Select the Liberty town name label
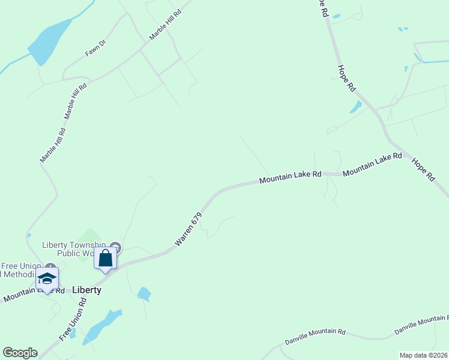[x=86, y=290]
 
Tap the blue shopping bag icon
[x=106, y=259]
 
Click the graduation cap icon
[x=47, y=279]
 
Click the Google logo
[x=20, y=353]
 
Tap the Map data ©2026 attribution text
[x=423, y=355]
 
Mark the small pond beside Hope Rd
[x=356, y=107]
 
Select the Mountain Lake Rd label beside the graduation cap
[x=33, y=293]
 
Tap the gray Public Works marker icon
[x=116, y=247]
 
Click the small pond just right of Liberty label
[x=143, y=294]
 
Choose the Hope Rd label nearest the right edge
[x=423, y=169]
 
